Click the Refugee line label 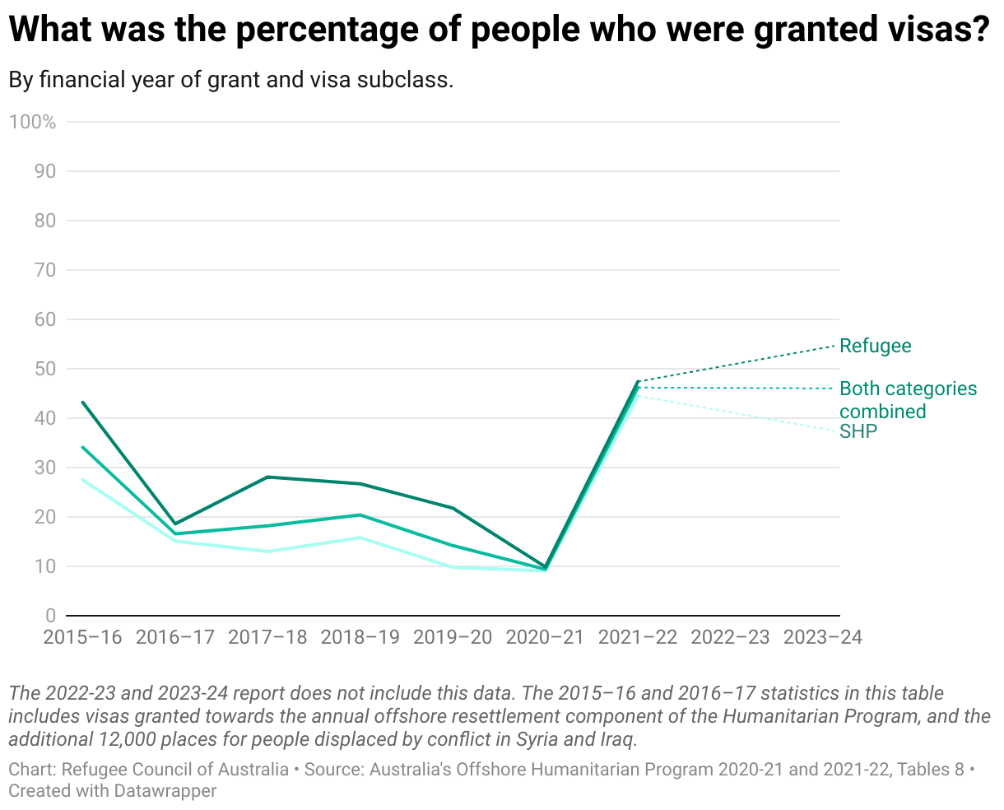pos(875,346)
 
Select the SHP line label pos(858,431)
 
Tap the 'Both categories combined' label pos(908,400)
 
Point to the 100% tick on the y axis pos(33,122)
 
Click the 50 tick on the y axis pos(45,369)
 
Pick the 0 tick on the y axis pos(50,616)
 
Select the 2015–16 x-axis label pos(82,637)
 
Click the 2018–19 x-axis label pos(360,637)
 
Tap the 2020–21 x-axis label pos(546,637)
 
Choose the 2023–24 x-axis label pos(823,637)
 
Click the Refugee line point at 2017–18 pos(268,477)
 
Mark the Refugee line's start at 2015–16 pos(82,403)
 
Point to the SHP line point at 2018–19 pos(360,538)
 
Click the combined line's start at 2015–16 pos(82,447)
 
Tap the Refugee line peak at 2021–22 pos(638,381)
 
